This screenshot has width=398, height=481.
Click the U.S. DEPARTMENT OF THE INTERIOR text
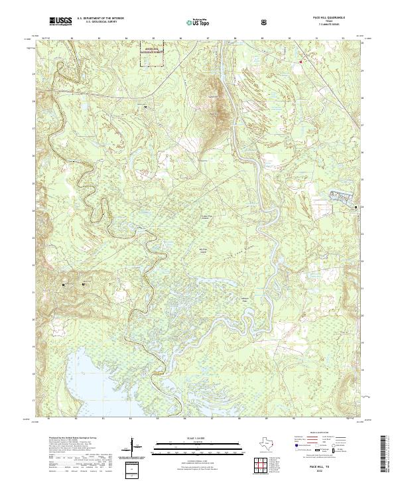point(100,19)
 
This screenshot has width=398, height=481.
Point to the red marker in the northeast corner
point(300,62)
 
